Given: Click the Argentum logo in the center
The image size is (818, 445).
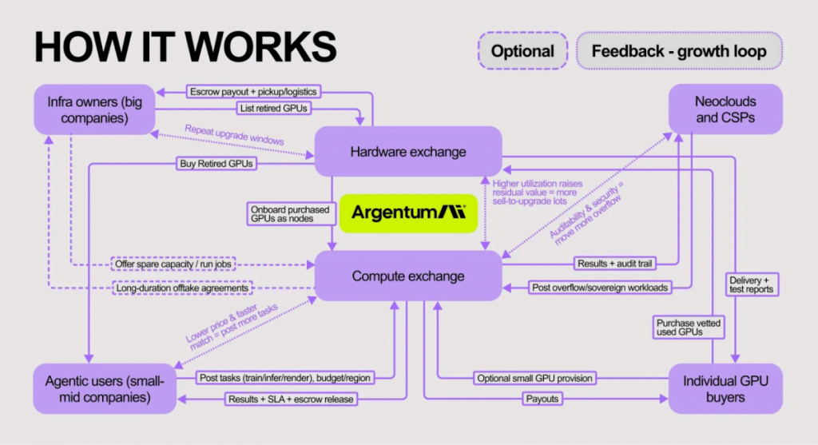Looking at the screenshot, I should pyautogui.click(x=408, y=213).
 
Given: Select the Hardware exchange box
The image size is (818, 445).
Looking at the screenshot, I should pyautogui.click(x=407, y=151).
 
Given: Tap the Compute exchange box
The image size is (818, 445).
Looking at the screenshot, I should pyautogui.click(x=407, y=276).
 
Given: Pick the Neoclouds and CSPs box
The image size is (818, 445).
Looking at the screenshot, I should pyautogui.click(x=725, y=109).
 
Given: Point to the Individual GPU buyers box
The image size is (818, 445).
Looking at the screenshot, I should pyautogui.click(x=725, y=388).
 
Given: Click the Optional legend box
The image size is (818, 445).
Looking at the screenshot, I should pyautogui.click(x=522, y=52).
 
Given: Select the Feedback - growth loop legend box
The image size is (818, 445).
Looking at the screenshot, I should pyautogui.click(x=678, y=52).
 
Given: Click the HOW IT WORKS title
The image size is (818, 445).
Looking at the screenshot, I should pyautogui.click(x=185, y=48).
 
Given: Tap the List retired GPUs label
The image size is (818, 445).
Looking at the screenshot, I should pyautogui.click(x=271, y=108).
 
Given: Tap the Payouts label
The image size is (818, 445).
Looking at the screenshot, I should pyautogui.click(x=542, y=398).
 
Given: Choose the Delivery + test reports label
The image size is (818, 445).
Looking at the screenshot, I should pyautogui.click(x=750, y=284).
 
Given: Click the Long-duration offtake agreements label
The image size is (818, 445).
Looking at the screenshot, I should pyautogui.click(x=182, y=288).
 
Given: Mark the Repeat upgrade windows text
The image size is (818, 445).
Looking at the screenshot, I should pyautogui.click(x=234, y=134).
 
